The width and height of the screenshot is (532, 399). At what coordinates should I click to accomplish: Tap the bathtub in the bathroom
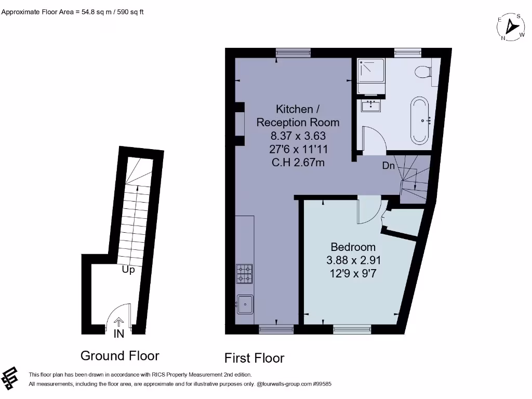click(x=419, y=120)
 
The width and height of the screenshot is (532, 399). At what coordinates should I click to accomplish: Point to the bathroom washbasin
click(x=371, y=106)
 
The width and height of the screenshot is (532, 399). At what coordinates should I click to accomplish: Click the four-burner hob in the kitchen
click(x=245, y=274)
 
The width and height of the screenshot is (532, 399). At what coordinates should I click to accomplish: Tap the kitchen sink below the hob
click(x=245, y=304)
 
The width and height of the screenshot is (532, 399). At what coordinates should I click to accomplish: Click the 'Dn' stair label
click(x=389, y=166)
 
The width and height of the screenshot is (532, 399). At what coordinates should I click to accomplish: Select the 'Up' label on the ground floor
click(x=128, y=270)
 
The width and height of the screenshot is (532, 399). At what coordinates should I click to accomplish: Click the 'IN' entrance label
click(x=119, y=334)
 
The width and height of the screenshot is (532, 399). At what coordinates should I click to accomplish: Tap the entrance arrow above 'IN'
click(x=119, y=322)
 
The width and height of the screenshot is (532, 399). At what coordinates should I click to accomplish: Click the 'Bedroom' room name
click(x=353, y=247)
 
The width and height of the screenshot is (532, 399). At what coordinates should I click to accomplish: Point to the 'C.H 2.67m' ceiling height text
click(x=298, y=163)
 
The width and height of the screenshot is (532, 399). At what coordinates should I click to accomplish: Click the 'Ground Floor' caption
click(x=119, y=356)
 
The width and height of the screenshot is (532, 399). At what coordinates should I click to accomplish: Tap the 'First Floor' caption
click(x=254, y=358)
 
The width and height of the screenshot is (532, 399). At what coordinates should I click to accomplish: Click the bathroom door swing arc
click(x=374, y=140)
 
